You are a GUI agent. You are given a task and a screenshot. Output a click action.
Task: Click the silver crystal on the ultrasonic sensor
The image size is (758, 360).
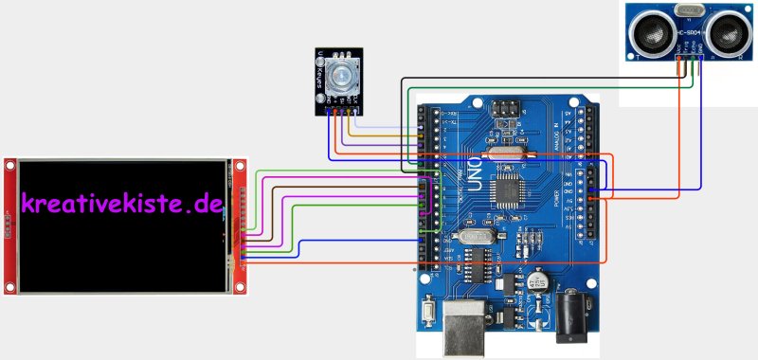tap(688, 11)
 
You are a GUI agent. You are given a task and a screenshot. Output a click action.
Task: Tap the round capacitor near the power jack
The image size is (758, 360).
tap(537, 281)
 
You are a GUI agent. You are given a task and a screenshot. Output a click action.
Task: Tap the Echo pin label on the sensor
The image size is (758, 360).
tap(695, 47)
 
